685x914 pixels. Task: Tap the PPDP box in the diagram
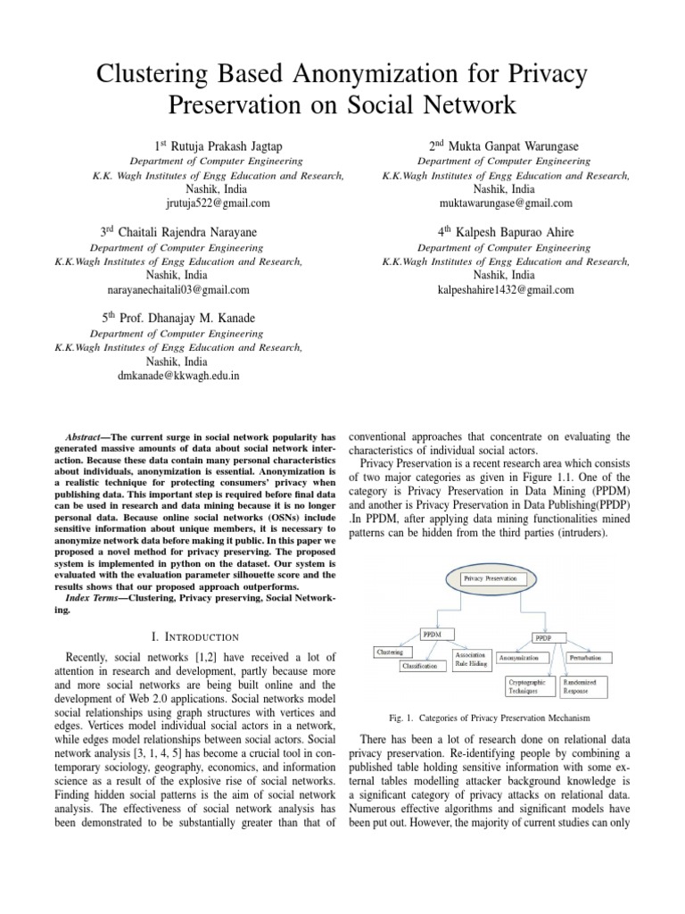[542, 639]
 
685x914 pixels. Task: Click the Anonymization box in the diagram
[523, 658]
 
